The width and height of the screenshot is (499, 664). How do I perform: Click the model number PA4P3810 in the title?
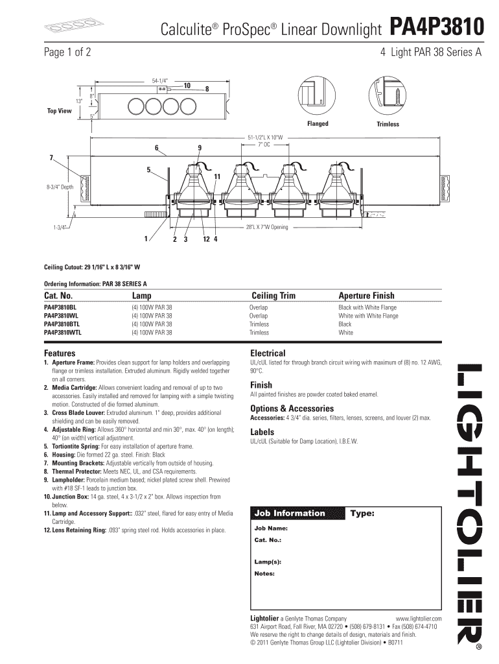tap(436, 28)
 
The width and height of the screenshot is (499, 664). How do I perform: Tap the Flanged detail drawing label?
tap(318, 123)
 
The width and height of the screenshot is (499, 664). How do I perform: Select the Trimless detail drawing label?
tap(388, 124)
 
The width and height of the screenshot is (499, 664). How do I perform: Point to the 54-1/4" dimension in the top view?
tap(159, 80)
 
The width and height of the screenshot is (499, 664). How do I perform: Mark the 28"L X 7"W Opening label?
tap(266, 228)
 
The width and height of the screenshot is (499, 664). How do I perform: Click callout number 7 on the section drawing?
tap(51, 158)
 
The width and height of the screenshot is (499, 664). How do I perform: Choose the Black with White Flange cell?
tap(368, 307)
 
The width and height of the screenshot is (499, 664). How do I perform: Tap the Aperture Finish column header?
tap(366, 296)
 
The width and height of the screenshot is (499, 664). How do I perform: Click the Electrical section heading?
tap(268, 353)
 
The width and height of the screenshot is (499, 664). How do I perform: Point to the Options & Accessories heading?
tap(292, 409)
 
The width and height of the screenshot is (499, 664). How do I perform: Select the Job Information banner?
tap(290, 514)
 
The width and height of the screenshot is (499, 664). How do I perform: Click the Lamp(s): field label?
tap(267, 562)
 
